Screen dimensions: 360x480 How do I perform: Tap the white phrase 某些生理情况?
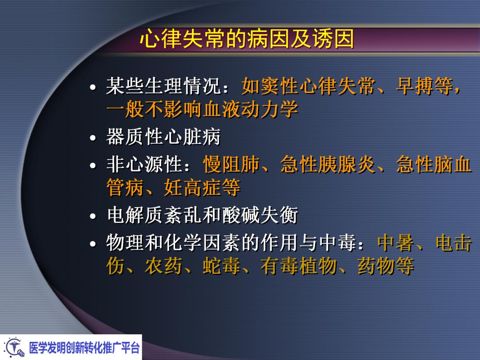coord(164,86)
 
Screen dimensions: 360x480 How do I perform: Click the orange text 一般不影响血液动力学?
coord(202,109)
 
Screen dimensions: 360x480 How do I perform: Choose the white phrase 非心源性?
coord(144,165)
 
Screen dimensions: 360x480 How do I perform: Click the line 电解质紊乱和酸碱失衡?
coord(202,216)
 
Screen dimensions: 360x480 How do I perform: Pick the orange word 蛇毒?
coord(222,266)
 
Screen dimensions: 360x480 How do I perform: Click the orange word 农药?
coord(164,266)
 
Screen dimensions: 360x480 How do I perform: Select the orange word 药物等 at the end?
coord(386,266)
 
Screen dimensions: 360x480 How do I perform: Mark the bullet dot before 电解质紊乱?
coord(93,217)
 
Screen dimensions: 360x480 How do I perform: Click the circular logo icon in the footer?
coord(14,347)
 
